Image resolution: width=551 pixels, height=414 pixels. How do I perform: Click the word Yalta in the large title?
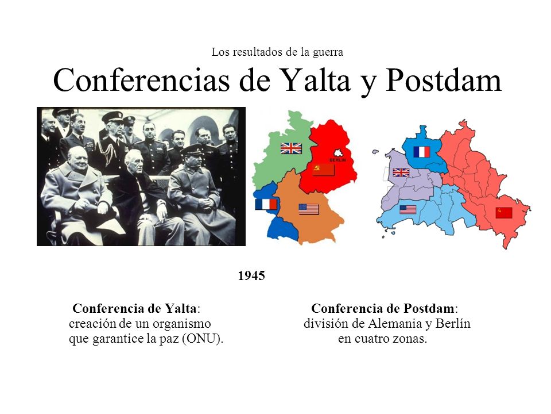coord(314,81)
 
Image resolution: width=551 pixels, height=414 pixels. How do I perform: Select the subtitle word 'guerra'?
coord(327,52)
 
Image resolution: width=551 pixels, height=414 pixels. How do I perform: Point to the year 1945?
coord(251,276)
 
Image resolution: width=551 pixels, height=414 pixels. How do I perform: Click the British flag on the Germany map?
coord(291,148)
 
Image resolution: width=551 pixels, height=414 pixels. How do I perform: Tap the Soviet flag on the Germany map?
coord(323,169)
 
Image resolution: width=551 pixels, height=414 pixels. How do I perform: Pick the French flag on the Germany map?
coord(266,204)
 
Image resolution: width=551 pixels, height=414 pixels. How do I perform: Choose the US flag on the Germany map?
coord(308,209)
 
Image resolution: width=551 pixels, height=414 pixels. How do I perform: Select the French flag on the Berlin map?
coord(421,152)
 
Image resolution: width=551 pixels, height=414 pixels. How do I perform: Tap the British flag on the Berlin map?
coord(401,172)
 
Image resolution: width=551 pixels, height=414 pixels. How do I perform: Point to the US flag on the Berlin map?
coord(408,209)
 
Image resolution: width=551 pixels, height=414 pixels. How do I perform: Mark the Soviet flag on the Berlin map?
coord(503,213)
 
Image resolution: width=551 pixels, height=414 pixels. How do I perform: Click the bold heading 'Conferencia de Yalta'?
coord(136,308)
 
